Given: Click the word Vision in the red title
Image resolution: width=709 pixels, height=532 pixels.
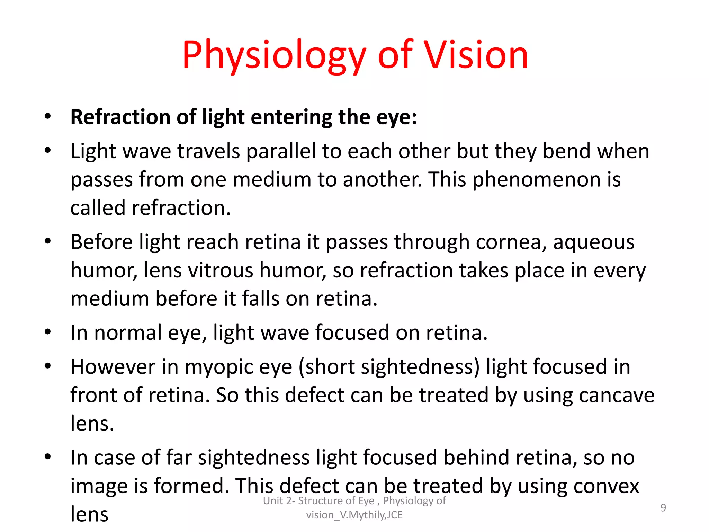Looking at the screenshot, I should tap(476, 55).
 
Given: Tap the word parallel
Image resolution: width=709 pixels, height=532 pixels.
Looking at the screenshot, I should tap(281, 151).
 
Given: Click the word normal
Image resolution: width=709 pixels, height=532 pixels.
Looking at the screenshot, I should tap(128, 333).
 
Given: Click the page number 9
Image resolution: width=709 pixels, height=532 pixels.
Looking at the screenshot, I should tap(663, 508).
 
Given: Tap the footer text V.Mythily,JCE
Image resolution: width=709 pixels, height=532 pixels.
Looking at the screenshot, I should tap(371, 515).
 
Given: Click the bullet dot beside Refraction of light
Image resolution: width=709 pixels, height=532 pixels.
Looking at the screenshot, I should tap(48, 116).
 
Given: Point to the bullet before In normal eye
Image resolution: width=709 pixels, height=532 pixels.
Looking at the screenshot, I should tap(48, 332).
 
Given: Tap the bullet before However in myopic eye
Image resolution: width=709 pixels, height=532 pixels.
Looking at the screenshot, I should tap(48, 366).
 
